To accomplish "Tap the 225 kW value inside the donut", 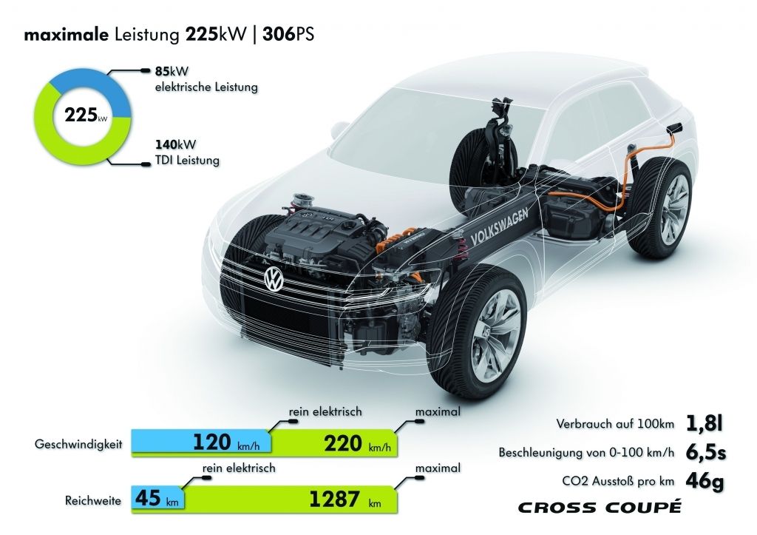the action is click(x=86, y=116).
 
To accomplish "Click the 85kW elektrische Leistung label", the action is click(x=206, y=79).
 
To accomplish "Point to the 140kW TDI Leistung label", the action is click(x=187, y=152).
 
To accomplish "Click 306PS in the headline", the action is click(x=288, y=35).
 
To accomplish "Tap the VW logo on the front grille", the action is click(x=274, y=280).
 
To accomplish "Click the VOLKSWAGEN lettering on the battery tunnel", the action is click(x=499, y=226).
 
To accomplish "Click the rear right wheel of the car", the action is click(x=667, y=208).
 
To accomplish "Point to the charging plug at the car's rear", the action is click(x=673, y=129).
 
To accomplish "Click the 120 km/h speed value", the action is click(x=226, y=443).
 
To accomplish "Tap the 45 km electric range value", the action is click(x=157, y=498).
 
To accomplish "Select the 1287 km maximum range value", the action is click(x=344, y=499).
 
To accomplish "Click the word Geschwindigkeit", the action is click(x=78, y=444).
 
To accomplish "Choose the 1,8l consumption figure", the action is click(x=705, y=423).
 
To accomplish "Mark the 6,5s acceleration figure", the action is click(x=705, y=452).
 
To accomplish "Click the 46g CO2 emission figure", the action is click(x=705, y=481).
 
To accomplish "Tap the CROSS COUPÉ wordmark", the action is click(x=600, y=507).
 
